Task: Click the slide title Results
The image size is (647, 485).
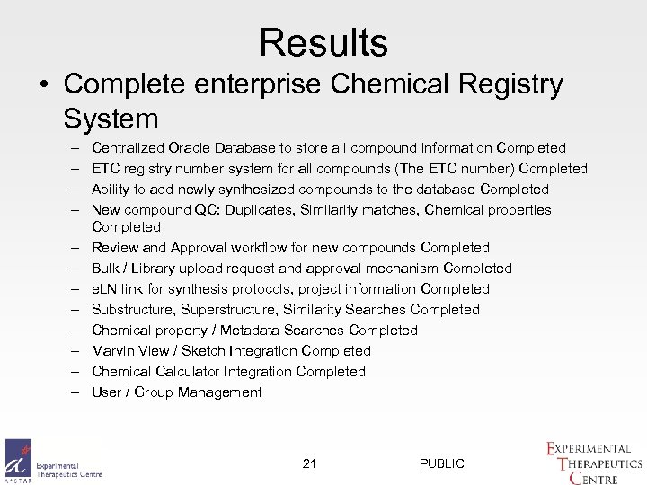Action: click(x=323, y=42)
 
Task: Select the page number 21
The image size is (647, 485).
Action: click(x=309, y=463)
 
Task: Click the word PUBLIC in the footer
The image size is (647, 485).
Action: click(x=441, y=463)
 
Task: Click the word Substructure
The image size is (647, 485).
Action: click(x=132, y=310)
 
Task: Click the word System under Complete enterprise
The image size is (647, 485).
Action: click(x=111, y=118)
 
